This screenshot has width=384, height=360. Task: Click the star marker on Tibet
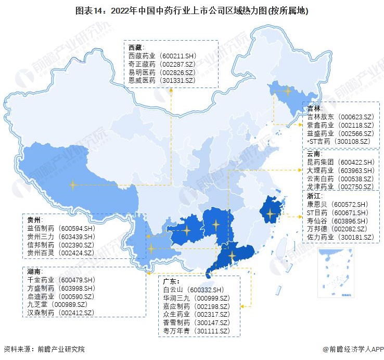pos(73,184)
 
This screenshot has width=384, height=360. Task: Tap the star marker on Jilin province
pos(288,91)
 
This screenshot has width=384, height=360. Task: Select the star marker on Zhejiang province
pos(270,213)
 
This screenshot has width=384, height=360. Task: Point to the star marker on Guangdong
pos(232,255)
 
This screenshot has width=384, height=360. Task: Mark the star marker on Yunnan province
pos(151,249)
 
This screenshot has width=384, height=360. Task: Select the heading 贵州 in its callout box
pos(35,220)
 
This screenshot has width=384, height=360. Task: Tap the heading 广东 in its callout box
pos(171,281)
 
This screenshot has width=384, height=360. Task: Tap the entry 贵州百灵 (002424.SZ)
pos(60,253)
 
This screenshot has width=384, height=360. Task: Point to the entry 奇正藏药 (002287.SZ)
pos(162,64)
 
